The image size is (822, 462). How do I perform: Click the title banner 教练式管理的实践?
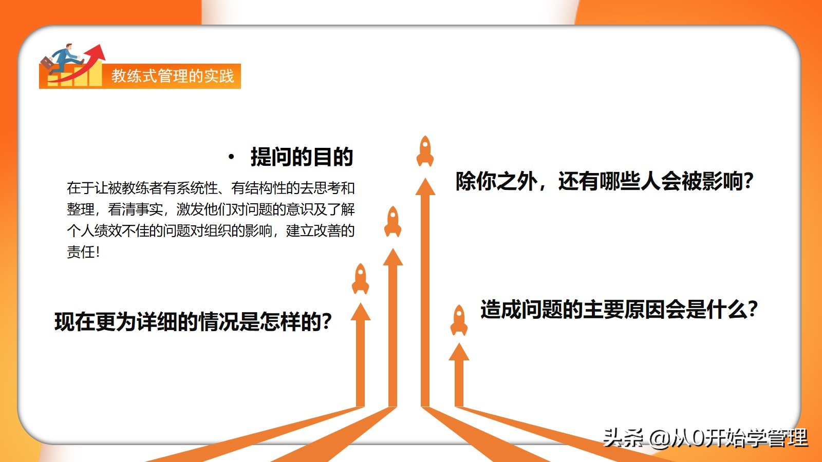coord(173,76)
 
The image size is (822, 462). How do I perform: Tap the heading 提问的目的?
coord(302,157)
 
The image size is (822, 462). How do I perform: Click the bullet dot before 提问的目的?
coord(231,157)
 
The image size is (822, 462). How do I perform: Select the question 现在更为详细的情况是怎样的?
coord(193,321)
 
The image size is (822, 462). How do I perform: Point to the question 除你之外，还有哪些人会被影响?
coord(605,181)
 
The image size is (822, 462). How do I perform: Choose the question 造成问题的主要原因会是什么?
coord(620,309)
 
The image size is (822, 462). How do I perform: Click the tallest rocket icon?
coord(425,151)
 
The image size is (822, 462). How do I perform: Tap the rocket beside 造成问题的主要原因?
coord(459,320)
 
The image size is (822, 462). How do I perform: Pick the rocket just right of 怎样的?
coord(360,279)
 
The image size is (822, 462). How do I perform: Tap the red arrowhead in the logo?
coord(96,52)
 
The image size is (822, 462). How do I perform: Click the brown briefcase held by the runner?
coord(47,64)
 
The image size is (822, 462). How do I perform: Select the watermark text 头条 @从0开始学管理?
coord(705,437)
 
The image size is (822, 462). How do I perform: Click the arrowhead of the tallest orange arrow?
coord(425,187)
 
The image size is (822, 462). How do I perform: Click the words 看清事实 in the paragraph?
coord(136,209)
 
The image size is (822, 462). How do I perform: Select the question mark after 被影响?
coord(749,181)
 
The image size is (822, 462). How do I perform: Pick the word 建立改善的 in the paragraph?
coord(321,230)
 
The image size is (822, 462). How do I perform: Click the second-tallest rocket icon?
coord(393,221)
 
